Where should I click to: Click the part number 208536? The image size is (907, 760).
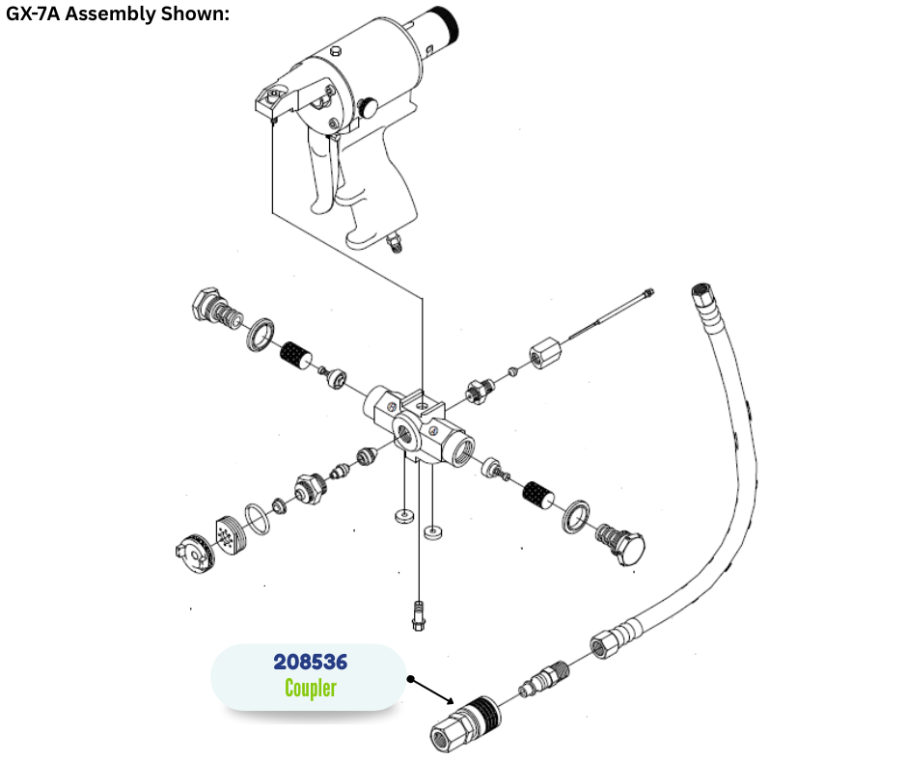(x=310, y=662)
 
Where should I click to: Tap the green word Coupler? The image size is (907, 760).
(x=311, y=688)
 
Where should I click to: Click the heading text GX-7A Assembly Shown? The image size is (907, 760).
(x=118, y=14)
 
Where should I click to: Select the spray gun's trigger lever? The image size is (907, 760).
(x=321, y=174)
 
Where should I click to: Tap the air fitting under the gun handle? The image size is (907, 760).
(x=395, y=242)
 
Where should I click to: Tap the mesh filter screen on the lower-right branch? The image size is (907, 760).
(x=537, y=495)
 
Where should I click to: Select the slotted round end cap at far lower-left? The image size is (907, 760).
(x=195, y=554)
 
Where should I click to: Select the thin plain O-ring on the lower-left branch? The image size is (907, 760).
(x=258, y=519)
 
